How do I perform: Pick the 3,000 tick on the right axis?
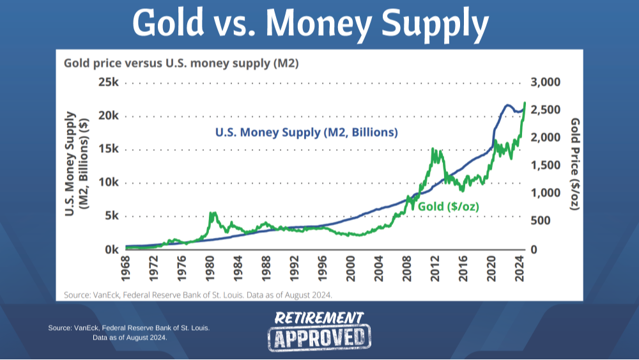544,82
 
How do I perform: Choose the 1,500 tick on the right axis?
544,166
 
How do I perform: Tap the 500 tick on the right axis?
541,221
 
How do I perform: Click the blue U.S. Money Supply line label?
306,133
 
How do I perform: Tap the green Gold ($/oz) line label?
448,206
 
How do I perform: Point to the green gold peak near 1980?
213,214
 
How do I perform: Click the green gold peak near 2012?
434,150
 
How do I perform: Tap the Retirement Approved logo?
319,331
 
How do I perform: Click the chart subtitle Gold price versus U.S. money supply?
181,63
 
